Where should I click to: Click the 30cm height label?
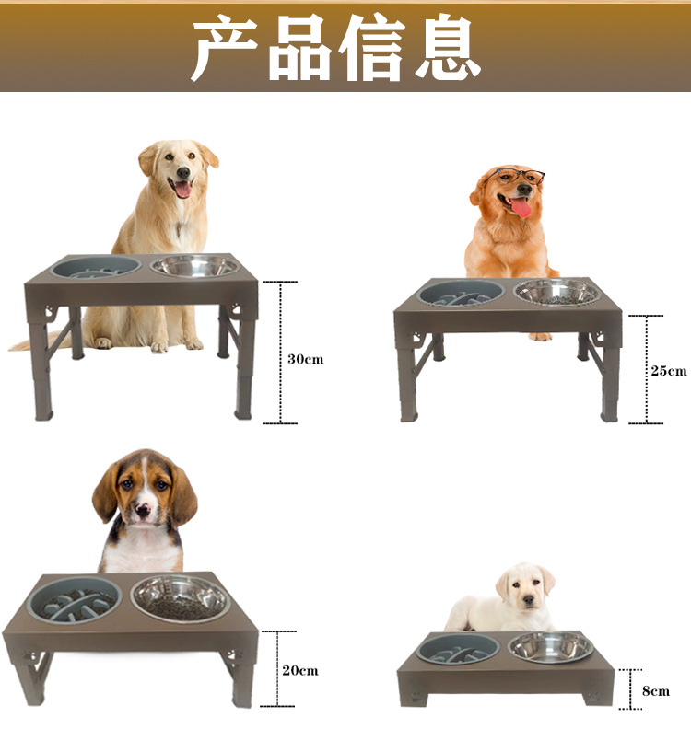tap(305, 359)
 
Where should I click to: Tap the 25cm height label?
tap(669, 371)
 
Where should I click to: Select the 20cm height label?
tap(300, 670)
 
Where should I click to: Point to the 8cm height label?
tap(656, 691)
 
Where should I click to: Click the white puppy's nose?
tap(529, 599)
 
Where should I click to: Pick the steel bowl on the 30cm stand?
tap(194, 266)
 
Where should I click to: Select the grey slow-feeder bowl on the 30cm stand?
tap(96, 268)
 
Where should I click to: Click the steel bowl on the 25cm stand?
tap(557, 292)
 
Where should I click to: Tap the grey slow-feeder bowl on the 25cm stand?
tap(461, 293)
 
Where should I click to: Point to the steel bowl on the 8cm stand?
tap(551, 647)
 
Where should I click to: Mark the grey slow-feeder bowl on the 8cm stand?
tap(460, 648)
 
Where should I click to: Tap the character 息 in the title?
tap(449, 47)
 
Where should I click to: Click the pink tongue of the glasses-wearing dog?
tap(521, 208)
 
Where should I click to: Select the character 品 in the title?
tap(299, 47)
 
